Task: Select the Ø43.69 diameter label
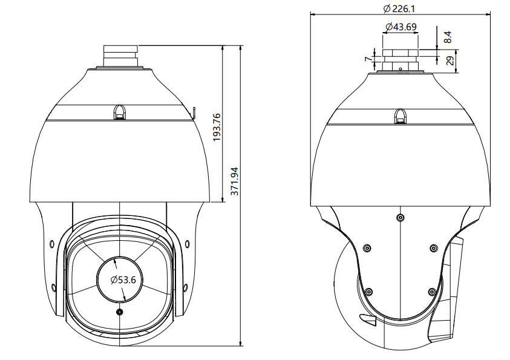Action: coord(400,27)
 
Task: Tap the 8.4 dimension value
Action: coord(447,37)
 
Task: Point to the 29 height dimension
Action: coord(449,61)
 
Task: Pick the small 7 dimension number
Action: coord(367,59)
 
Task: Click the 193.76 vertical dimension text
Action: coord(217,127)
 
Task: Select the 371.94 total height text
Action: coord(235,181)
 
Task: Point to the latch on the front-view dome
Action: coord(119,112)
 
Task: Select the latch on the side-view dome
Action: coord(400,116)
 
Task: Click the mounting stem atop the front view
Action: coord(121,56)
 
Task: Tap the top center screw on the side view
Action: coord(399,217)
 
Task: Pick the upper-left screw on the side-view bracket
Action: coord(367,247)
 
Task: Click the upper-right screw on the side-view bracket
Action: coord(433,247)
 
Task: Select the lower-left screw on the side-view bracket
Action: coord(368,292)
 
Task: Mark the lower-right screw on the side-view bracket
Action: coord(431,292)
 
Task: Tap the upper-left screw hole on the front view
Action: coord(51,244)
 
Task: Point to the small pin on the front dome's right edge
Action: coord(195,111)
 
